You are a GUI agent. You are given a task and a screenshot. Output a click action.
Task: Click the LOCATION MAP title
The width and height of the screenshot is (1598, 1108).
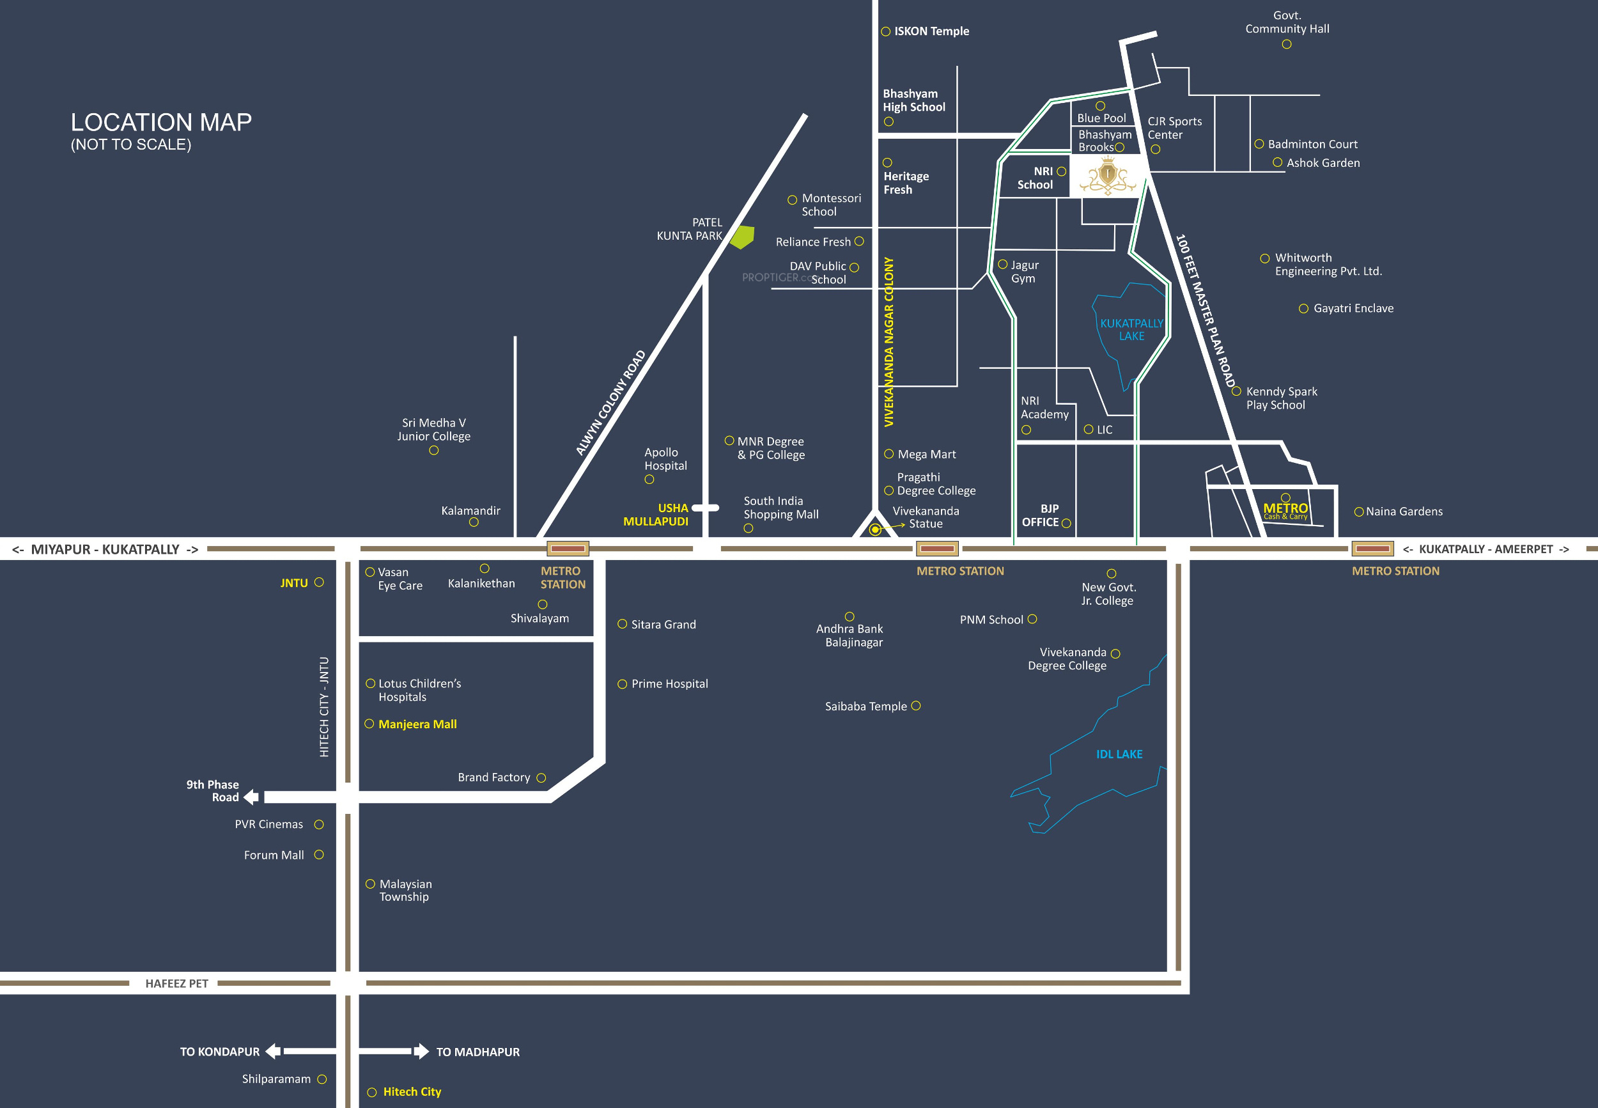tap(161, 123)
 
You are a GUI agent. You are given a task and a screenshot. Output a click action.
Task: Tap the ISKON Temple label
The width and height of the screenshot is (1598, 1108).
tap(931, 31)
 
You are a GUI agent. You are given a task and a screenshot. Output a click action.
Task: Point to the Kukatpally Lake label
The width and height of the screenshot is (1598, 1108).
tap(1131, 330)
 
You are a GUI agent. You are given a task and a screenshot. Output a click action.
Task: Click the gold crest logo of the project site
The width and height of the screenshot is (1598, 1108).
tap(1108, 176)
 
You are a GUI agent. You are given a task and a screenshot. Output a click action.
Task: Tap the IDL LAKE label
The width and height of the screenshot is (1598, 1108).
tap(1119, 754)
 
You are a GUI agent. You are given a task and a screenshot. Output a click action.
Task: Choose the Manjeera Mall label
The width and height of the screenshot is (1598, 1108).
tap(417, 724)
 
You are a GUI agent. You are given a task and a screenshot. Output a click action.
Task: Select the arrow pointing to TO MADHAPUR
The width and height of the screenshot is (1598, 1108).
tap(421, 1051)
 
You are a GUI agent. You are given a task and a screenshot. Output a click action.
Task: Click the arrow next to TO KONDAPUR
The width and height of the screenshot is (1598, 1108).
tap(274, 1051)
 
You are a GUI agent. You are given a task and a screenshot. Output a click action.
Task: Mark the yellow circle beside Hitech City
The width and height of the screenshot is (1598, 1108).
tap(372, 1092)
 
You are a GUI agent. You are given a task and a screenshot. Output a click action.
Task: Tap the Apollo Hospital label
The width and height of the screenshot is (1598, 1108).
tap(665, 459)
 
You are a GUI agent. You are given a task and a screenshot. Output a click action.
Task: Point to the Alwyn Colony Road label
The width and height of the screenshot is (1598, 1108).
tap(610, 403)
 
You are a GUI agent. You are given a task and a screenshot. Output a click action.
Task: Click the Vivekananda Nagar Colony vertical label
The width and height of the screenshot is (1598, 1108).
tap(889, 341)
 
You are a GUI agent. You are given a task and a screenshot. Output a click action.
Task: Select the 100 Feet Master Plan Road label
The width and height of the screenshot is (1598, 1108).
tap(1206, 311)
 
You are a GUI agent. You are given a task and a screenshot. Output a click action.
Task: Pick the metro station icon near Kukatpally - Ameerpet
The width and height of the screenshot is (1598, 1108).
tap(1372, 549)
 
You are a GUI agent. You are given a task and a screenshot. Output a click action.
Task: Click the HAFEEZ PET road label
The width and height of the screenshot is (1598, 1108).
tap(176, 983)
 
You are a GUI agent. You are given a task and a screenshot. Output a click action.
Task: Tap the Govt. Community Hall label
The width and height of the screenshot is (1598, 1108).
tap(1287, 22)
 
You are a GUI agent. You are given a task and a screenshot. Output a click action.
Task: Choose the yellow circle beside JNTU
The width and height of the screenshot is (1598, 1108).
tap(319, 582)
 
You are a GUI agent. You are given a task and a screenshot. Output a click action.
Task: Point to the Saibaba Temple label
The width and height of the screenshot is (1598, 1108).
tap(865, 706)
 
